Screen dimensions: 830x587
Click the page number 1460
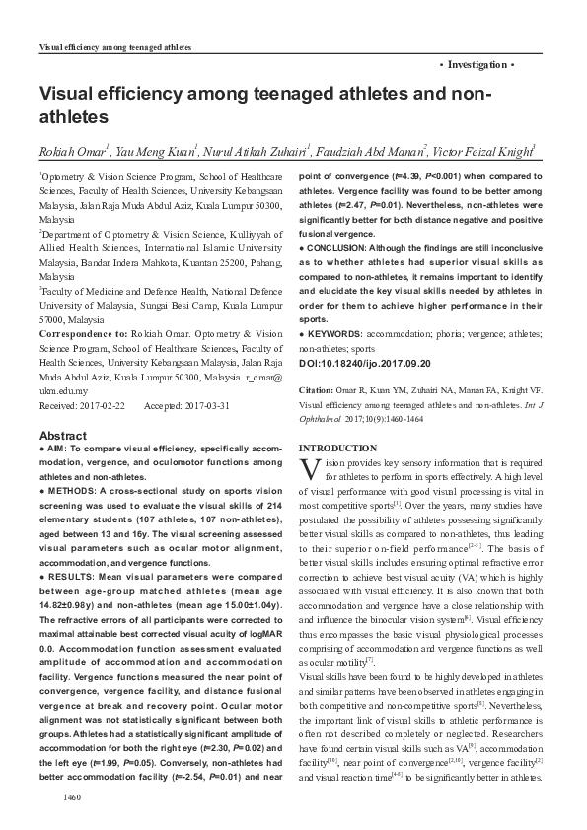[70, 795]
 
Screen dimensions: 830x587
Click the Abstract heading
[62, 436]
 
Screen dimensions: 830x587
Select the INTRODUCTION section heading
[338, 449]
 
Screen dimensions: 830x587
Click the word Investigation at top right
[477, 64]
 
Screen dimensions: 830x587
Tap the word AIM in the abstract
[58, 450]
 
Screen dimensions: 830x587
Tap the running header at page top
[113, 47]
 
